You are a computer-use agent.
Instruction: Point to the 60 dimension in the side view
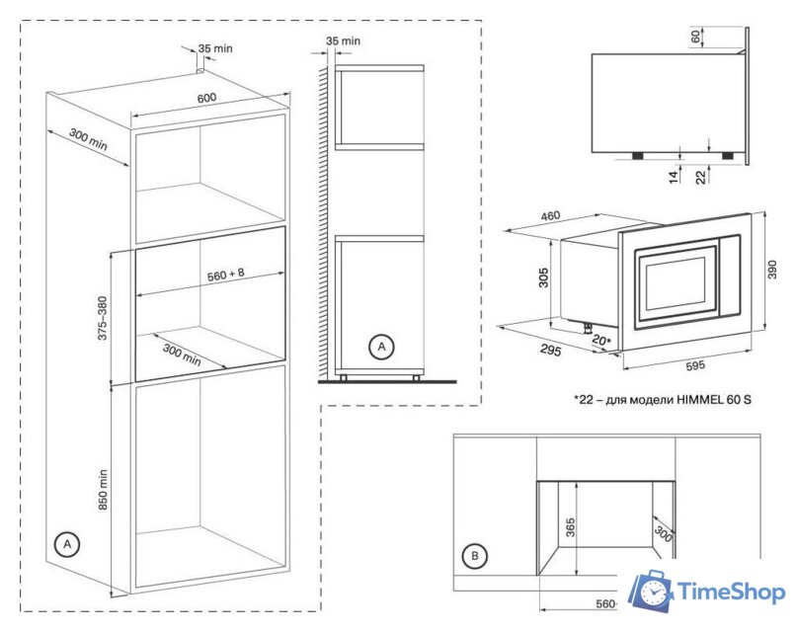694,37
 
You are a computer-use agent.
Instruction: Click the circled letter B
476,557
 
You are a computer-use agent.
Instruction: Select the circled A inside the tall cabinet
66,543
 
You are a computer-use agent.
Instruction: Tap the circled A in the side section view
380,347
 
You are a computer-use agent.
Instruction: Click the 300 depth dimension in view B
663,534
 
